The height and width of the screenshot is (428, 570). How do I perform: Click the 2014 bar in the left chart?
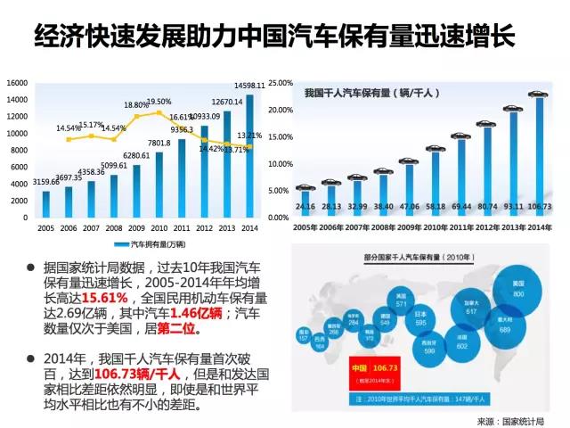pyautogui.click(x=250, y=156)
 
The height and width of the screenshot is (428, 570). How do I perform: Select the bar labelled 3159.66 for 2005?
pyautogui.click(x=45, y=203)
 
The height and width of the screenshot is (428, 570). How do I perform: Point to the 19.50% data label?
pyautogui.click(x=159, y=102)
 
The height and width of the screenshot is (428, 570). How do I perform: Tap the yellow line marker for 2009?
pyautogui.click(x=137, y=117)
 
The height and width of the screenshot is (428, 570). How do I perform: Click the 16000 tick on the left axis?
pyautogui.click(x=16, y=83)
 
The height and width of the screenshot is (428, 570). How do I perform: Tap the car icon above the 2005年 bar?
pyautogui.click(x=305, y=187)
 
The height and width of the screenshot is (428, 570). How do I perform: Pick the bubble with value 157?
pyautogui.click(x=304, y=335)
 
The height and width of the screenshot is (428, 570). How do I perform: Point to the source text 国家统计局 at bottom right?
pyautogui.click(x=529, y=421)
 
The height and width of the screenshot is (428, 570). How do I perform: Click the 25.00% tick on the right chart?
pyautogui.click(x=281, y=83)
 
